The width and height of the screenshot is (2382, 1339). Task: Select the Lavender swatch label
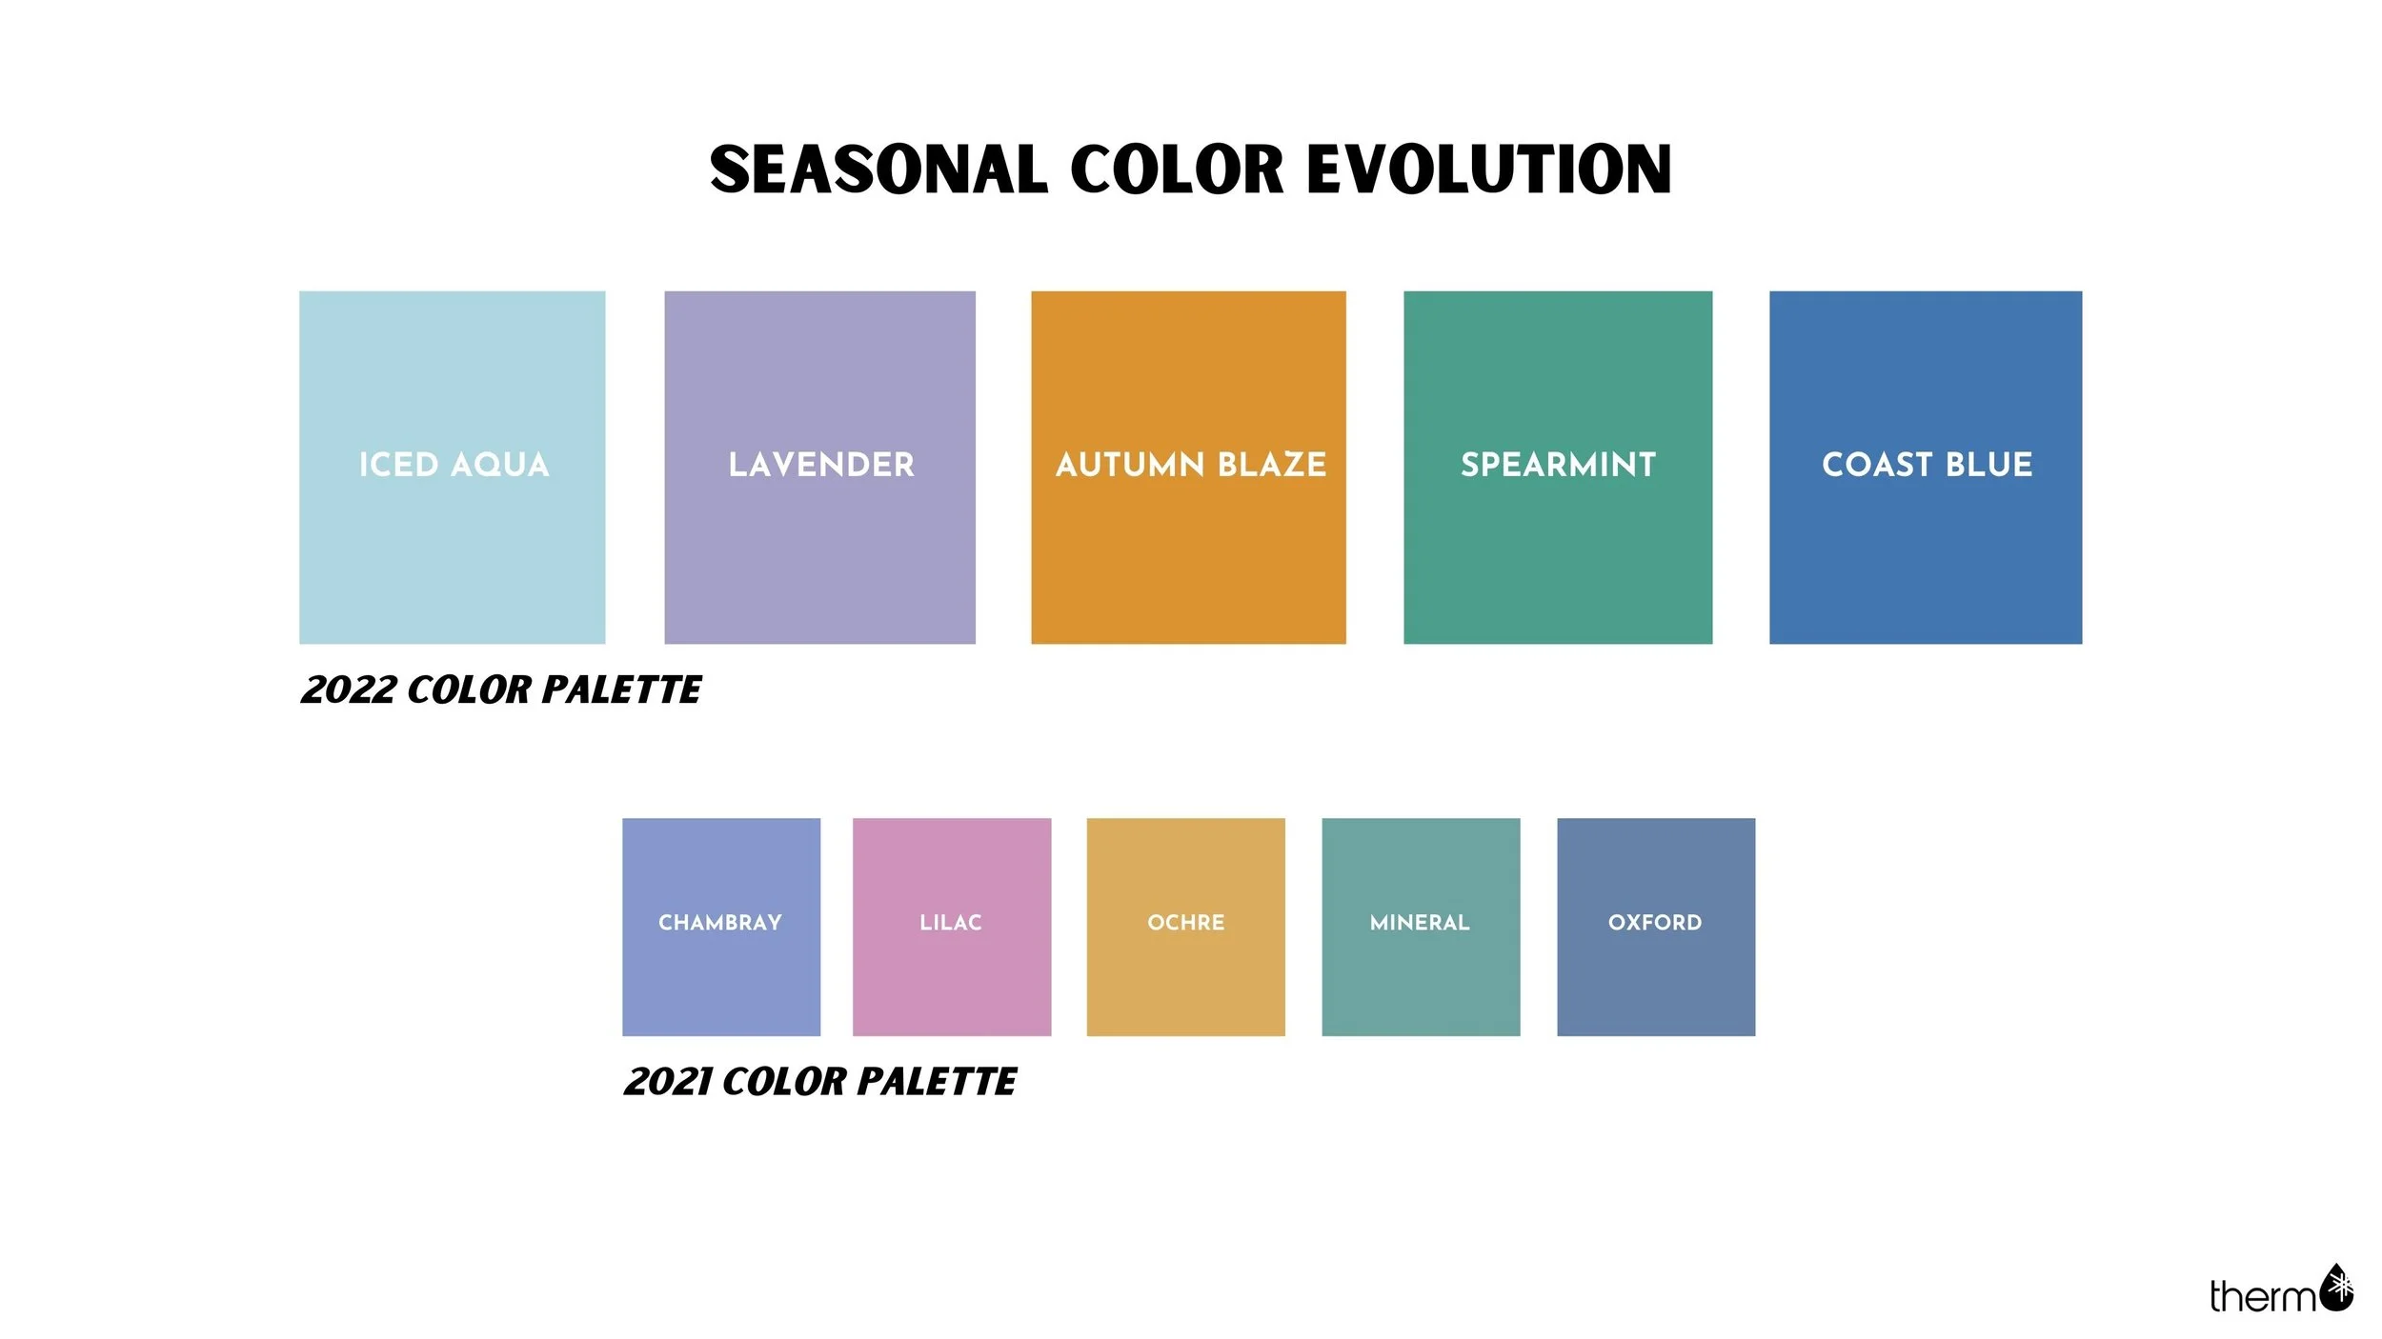coord(820,465)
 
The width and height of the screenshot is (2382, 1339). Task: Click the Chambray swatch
coord(721,971)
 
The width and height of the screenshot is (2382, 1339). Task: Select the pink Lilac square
coord(952,971)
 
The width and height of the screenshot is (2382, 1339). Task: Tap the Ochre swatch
coord(1185,971)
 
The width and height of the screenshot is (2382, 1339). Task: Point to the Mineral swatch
coord(1421,971)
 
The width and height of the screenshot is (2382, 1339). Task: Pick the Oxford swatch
coord(1656,971)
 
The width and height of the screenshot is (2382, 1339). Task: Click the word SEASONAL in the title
coord(878,170)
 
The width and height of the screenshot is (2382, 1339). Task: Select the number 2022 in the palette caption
coord(348,690)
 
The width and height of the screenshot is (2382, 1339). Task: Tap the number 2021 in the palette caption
coord(667,1082)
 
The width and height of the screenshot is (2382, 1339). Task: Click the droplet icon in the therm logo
coord(2336,1288)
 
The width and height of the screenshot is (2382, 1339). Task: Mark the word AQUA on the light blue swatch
coord(499,465)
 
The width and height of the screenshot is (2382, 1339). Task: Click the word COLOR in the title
coord(1177,170)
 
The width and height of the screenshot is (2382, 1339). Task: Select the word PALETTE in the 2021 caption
coord(936,1082)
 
